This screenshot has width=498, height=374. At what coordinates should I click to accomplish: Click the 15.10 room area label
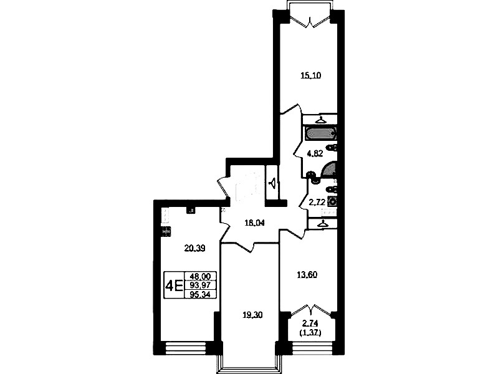coord(310,75)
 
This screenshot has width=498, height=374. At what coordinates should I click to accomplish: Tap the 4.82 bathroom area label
coord(315,154)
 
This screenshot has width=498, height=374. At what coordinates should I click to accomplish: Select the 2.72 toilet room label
coord(317,201)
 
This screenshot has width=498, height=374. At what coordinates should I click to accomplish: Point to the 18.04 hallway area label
coord(254,223)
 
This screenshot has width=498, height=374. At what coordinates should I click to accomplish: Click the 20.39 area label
coord(194,248)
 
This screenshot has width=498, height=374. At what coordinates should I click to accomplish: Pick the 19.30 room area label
coord(252,315)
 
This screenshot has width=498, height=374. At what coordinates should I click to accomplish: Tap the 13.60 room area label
coord(307,274)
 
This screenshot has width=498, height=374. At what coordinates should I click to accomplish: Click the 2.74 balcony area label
coord(310,324)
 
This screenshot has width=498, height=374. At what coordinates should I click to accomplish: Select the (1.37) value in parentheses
coord(310,333)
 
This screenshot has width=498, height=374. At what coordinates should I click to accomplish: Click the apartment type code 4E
coord(174,285)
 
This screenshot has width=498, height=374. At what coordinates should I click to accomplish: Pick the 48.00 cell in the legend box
coord(200,276)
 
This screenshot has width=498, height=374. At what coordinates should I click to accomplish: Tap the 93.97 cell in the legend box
coord(200,285)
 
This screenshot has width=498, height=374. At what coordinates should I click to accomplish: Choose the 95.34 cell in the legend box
coord(200,294)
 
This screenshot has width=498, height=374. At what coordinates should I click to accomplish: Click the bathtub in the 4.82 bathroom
coord(320,133)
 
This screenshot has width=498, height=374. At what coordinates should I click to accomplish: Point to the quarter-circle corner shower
coord(329,169)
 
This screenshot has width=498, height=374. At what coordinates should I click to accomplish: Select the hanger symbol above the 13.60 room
coord(323,224)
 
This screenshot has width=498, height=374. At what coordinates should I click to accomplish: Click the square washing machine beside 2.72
coord(333,201)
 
